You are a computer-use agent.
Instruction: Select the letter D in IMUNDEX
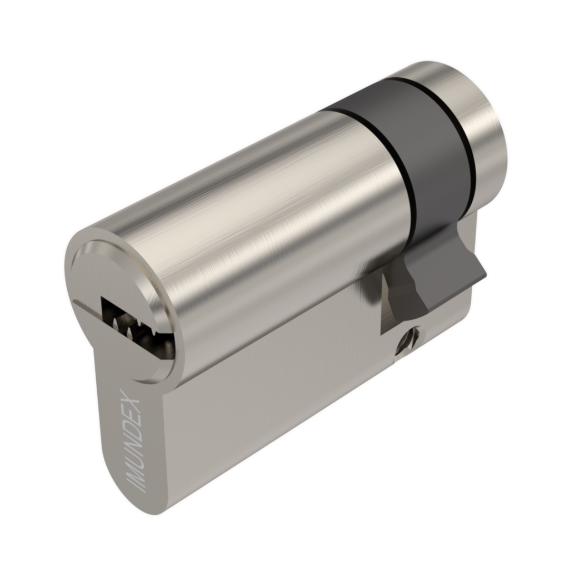133,428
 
